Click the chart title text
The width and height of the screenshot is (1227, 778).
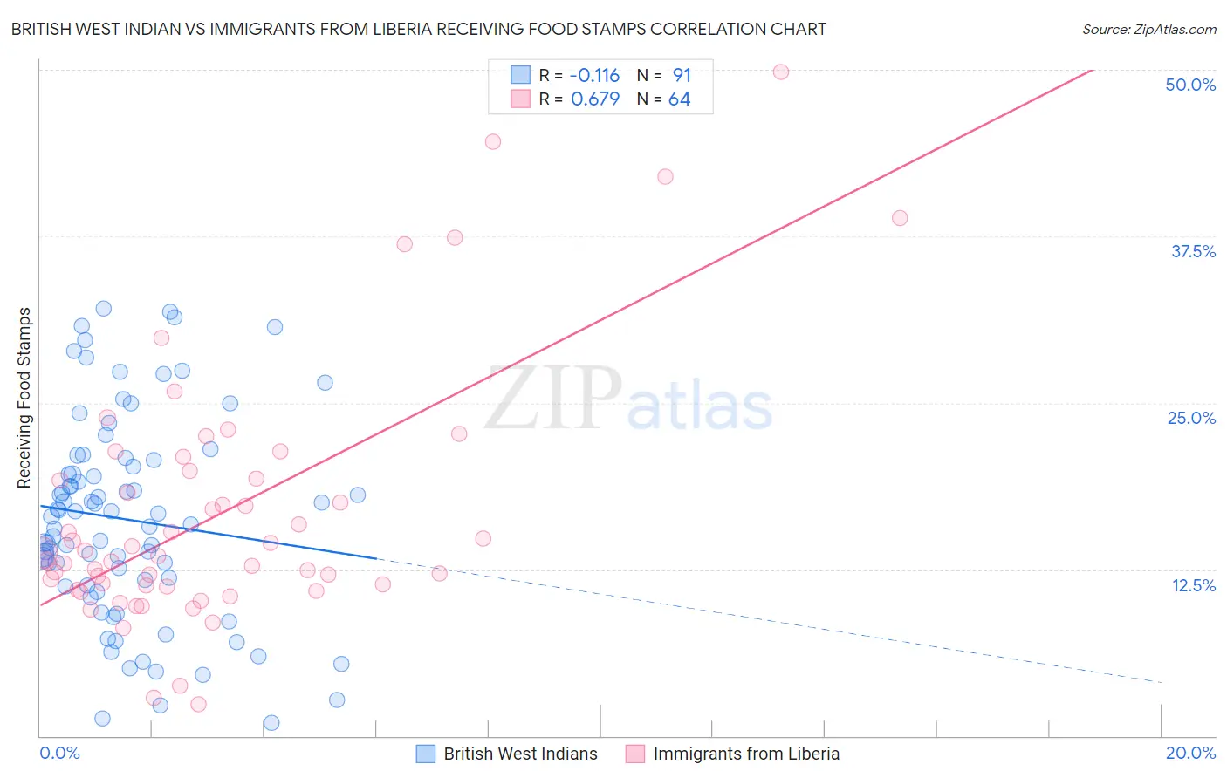pos(419,29)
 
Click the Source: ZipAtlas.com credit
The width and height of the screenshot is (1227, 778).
pos(1148,29)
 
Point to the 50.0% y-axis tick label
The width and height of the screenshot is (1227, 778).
pos(1190,85)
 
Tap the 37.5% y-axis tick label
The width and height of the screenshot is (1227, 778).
pos(1193,251)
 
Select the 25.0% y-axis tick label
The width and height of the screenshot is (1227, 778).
pos(1191,418)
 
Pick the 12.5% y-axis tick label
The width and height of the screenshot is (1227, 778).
pos(1193,585)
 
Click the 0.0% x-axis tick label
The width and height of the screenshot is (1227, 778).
pos(59,753)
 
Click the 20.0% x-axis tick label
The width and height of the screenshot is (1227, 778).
pos(1190,753)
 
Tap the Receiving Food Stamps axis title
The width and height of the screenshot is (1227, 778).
pos(24,398)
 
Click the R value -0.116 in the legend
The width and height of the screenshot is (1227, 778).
pos(594,75)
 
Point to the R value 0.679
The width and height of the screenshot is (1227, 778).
pos(595,99)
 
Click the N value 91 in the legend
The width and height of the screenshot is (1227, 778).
pos(682,75)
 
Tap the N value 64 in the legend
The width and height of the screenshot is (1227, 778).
pos(679,99)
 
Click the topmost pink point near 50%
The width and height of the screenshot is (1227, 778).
pos(781,72)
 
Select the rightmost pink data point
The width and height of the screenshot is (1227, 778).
pos(900,218)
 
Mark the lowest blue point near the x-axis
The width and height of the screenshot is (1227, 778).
pos(271,722)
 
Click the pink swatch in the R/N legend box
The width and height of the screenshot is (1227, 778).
pos(520,99)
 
